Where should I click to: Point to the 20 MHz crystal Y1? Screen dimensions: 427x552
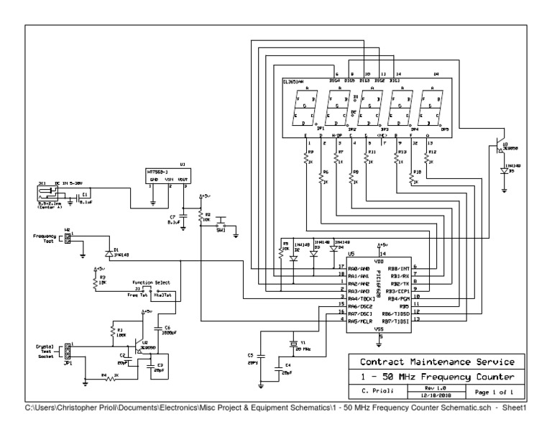(x=293, y=344)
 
